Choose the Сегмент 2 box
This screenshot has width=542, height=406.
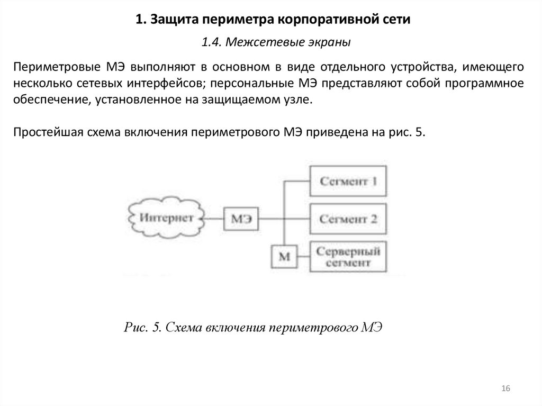[x=347, y=218]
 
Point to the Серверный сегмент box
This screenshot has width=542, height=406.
[x=347, y=256]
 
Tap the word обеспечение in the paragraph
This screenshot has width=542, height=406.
[x=51, y=100]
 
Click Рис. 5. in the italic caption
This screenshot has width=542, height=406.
[x=142, y=327]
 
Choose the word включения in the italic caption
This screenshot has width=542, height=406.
[x=236, y=327]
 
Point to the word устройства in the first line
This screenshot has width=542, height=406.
[x=423, y=67]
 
